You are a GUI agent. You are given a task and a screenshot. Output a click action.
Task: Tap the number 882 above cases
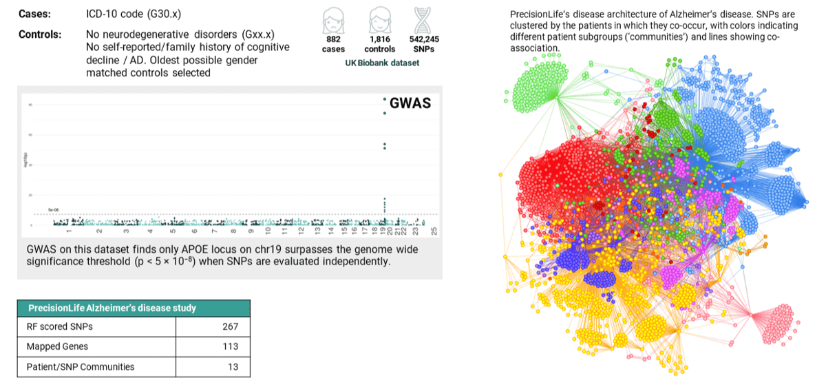click(x=333, y=40)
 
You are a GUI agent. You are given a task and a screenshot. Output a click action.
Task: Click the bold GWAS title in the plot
click(x=410, y=103)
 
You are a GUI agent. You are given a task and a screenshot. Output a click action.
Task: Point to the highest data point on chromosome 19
click(x=385, y=99)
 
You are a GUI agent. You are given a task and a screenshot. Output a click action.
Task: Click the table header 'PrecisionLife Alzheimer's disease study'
click(x=112, y=308)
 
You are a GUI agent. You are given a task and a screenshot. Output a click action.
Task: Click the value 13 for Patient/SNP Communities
click(x=233, y=367)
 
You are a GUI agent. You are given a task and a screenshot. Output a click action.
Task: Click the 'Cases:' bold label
click(x=34, y=14)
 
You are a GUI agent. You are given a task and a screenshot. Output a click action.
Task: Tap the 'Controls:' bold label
click(x=39, y=34)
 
